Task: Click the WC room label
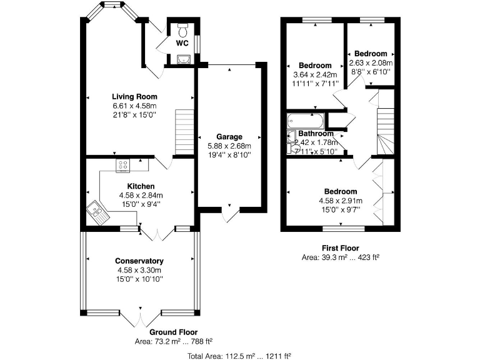pos(182,43)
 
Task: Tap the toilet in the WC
pos(182,30)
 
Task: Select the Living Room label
pos(134,97)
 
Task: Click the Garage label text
pos(229,137)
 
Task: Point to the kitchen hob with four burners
pos(122,166)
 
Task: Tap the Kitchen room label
pos(141,186)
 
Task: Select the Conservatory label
pos(139,261)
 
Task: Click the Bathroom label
pos(316,134)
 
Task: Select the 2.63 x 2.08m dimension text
pos(371,62)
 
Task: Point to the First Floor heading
pos(341,248)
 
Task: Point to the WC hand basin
pos(182,59)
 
